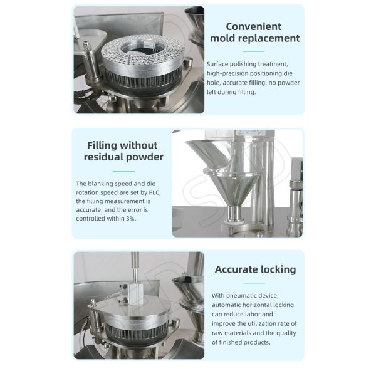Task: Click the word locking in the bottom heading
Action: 280,269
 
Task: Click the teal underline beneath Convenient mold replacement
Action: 254,51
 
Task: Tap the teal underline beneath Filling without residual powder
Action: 123,171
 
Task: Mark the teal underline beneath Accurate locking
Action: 255,283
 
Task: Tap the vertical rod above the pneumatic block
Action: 135,266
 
